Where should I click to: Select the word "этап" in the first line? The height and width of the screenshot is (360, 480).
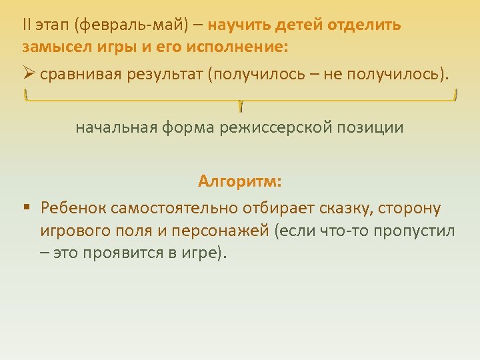53,26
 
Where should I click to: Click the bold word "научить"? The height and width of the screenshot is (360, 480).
239,26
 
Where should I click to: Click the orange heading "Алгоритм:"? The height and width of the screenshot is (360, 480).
240,181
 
